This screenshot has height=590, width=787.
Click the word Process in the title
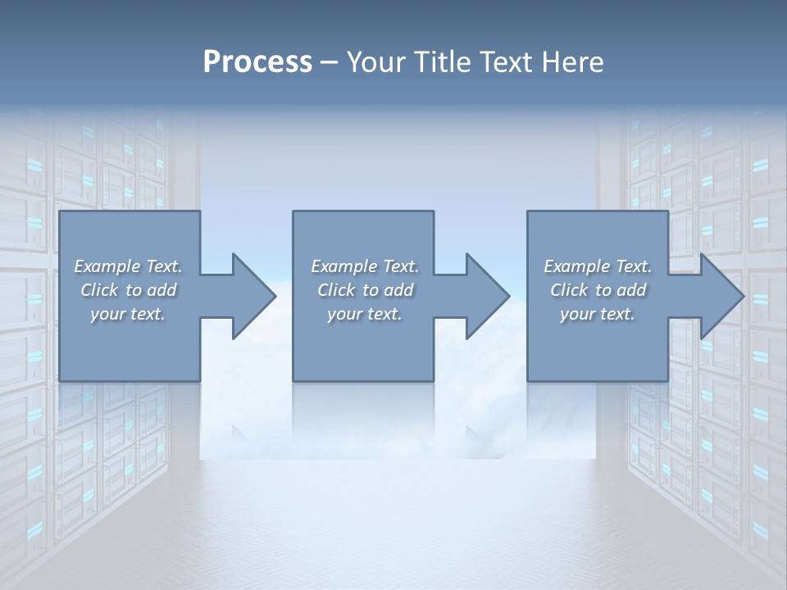(x=257, y=62)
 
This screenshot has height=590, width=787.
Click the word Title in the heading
(x=440, y=62)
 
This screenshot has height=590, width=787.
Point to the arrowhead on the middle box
(x=486, y=296)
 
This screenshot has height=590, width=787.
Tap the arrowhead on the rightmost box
(x=721, y=296)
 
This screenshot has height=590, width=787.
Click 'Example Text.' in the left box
(x=128, y=266)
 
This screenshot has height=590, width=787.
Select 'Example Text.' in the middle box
(x=365, y=266)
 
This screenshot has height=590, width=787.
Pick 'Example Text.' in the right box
(x=598, y=266)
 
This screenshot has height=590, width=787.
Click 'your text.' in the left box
(x=128, y=314)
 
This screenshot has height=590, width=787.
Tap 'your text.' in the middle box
(x=365, y=314)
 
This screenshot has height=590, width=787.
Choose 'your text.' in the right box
(x=598, y=314)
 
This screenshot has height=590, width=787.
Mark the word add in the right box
(x=632, y=290)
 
